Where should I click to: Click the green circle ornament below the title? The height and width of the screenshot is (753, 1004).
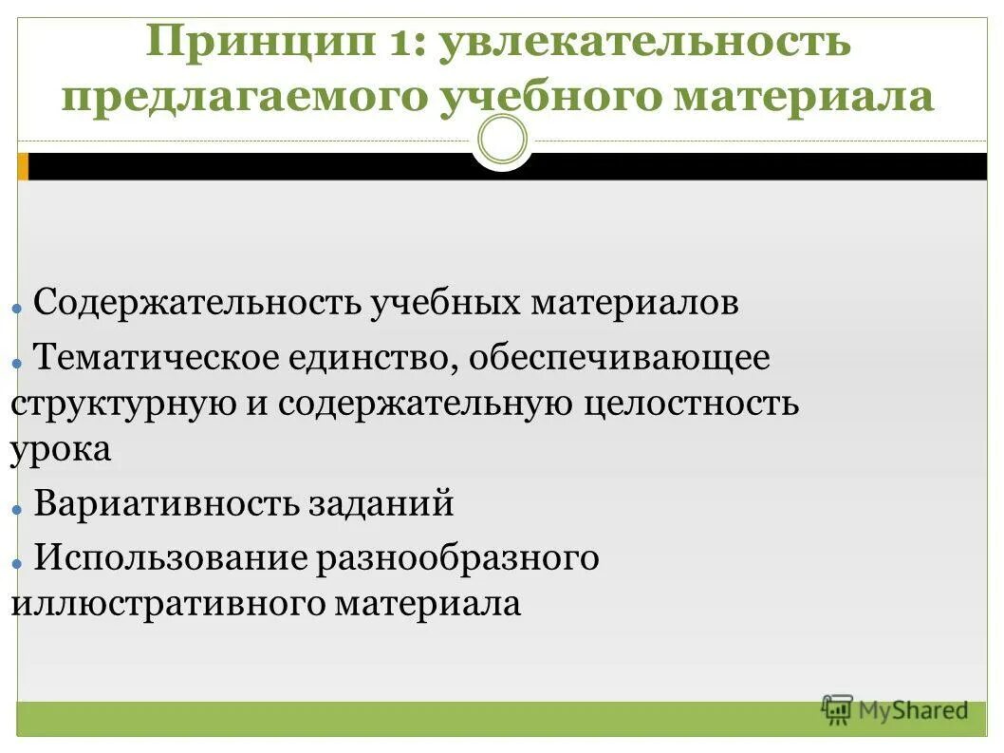[x=502, y=141]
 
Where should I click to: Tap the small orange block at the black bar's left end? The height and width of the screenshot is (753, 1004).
[x=23, y=167]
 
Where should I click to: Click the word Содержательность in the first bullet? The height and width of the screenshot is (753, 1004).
[x=195, y=304]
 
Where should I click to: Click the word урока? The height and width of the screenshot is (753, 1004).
[x=61, y=448]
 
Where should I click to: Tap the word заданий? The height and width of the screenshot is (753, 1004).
[x=379, y=503]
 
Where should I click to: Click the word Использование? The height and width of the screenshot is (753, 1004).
[x=170, y=558]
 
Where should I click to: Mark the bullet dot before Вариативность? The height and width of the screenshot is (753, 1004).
[x=17, y=509]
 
